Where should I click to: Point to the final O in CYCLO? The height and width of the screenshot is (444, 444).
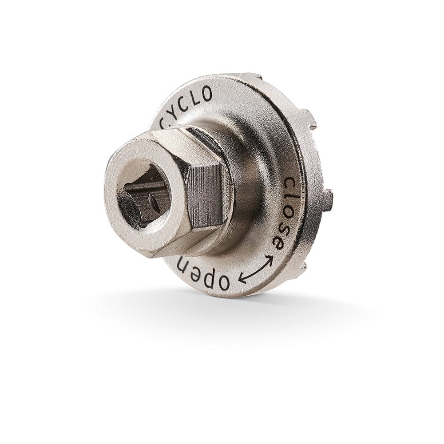(x=206, y=94)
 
